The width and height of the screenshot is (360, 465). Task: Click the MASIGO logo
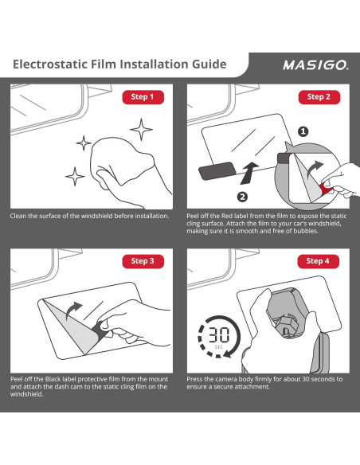click(x=316, y=65)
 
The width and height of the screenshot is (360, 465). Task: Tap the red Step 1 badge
click(x=143, y=97)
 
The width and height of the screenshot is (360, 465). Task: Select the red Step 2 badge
click(x=319, y=97)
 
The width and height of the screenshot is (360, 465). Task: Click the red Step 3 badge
click(x=143, y=261)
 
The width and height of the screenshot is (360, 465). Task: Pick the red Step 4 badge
click(x=319, y=261)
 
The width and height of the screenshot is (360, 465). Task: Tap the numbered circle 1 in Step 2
click(x=303, y=131)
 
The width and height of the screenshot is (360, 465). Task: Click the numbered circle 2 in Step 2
click(x=243, y=197)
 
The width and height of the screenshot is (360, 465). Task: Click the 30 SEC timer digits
click(x=218, y=335)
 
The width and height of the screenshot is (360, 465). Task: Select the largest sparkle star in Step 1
click(x=142, y=129)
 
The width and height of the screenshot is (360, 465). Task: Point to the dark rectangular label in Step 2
click(x=217, y=171)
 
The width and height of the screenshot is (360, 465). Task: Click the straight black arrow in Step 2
click(x=249, y=174)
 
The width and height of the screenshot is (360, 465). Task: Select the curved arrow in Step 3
click(x=73, y=311)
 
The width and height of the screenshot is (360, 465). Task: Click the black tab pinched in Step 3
click(x=100, y=330)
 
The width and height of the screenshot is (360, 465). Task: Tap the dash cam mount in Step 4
click(x=285, y=314)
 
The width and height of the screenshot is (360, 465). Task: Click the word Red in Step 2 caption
click(x=227, y=217)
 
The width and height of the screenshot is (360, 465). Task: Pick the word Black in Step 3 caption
click(x=53, y=379)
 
